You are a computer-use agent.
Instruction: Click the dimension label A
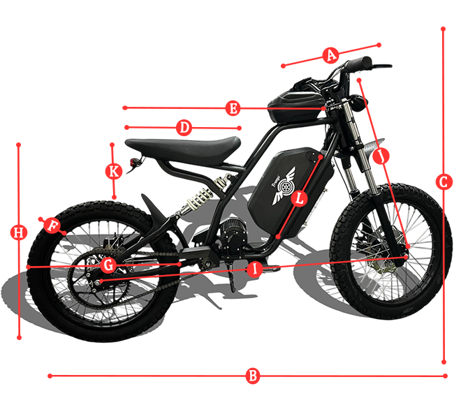(331, 54)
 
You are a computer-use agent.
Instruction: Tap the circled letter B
(253, 376)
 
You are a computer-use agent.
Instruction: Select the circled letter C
(443, 182)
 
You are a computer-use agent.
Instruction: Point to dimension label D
(184, 128)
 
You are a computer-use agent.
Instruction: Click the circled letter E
(233, 108)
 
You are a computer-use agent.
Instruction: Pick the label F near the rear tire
(52, 225)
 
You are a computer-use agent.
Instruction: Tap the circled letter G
(108, 265)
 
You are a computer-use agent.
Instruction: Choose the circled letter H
(19, 232)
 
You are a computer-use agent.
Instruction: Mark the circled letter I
(255, 268)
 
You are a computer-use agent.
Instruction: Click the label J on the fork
(381, 157)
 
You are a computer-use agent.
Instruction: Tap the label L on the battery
(300, 198)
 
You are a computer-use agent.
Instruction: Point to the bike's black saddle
(183, 147)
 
